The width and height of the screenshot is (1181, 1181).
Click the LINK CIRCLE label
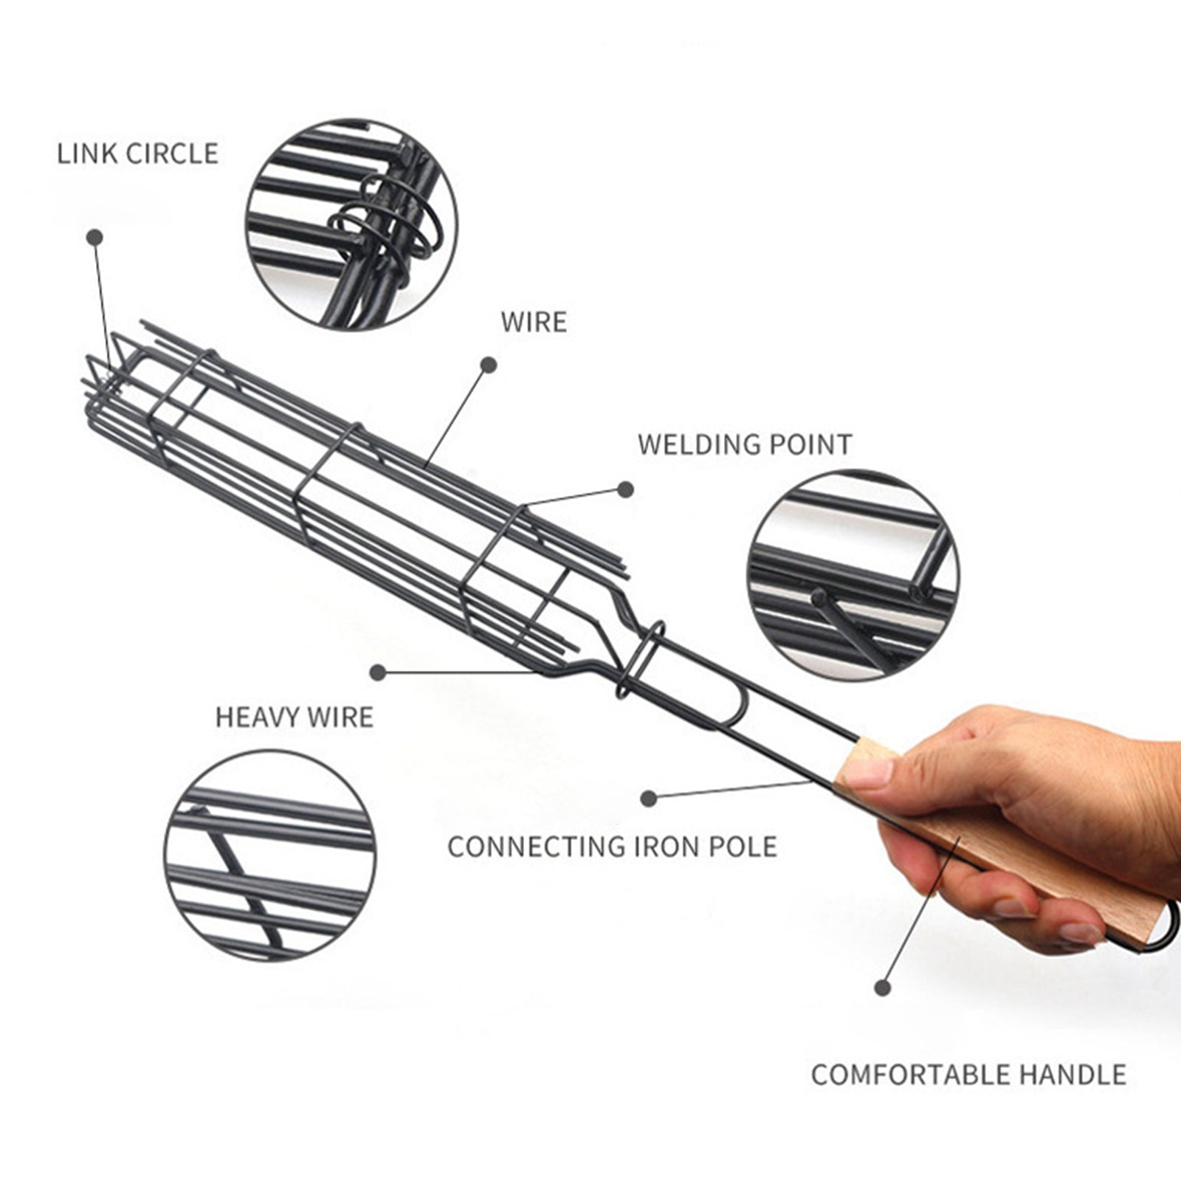138,154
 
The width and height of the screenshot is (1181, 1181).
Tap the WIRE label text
534,323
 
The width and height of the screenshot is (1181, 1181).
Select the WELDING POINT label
745,444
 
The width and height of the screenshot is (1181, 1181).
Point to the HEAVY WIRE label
295,717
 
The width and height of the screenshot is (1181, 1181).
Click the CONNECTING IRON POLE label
612,847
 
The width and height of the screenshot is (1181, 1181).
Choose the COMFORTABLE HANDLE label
968,1074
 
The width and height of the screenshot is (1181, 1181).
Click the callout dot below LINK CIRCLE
94,237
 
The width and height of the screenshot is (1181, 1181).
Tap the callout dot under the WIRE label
489,364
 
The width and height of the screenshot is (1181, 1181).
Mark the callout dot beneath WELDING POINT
626,489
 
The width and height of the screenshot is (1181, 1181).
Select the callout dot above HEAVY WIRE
379,672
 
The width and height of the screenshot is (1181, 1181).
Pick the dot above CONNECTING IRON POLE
649,797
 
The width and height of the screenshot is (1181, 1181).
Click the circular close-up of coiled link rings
351,224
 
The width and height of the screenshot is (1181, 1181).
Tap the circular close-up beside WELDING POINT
853,575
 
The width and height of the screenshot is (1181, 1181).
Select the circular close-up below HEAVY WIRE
269,856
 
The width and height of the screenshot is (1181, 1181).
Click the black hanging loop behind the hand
1163,934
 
